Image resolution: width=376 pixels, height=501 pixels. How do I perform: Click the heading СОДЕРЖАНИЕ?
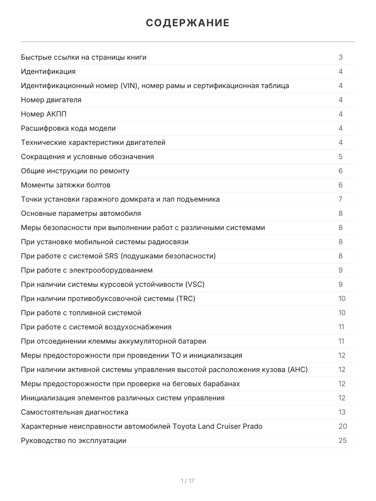point(188,23)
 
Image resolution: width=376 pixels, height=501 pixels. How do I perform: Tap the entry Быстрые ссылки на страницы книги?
point(84,57)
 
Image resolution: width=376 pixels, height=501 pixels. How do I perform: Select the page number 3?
point(340,57)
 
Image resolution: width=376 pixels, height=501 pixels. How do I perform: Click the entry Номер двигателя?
point(51,100)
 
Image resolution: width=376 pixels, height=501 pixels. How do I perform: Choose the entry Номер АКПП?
point(43,114)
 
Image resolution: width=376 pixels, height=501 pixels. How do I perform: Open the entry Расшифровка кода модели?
point(68,128)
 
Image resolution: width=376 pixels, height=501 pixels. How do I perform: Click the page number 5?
point(340,157)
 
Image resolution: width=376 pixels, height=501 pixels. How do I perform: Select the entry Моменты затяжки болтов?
point(66,185)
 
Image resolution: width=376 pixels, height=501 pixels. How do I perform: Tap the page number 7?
point(340,199)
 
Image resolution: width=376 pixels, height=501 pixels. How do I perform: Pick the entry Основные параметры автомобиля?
point(81,213)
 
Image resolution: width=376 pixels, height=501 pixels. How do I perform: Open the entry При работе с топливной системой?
point(81,313)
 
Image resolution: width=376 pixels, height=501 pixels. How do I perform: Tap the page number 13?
point(342,412)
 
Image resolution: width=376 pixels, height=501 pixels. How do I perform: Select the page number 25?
point(343,440)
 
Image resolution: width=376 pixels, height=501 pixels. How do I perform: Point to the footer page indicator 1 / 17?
point(188,481)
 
